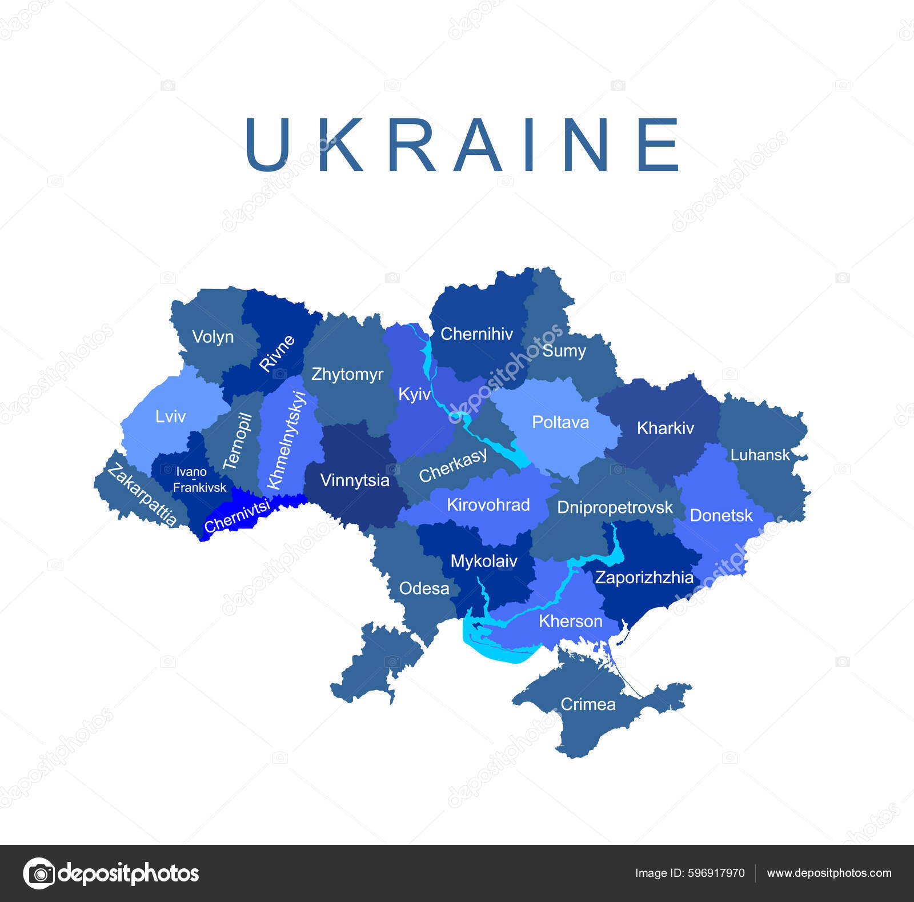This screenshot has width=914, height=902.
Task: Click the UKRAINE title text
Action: point(462,145)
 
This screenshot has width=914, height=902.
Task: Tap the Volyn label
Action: point(213,337)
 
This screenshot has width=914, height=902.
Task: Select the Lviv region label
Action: point(170,416)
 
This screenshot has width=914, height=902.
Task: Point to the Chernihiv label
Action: point(476,334)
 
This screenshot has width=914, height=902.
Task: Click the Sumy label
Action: point(564,351)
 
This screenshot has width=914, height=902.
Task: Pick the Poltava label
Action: point(560,422)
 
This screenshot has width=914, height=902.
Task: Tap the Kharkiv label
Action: point(665,428)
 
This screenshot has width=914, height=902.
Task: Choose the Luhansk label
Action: point(760,455)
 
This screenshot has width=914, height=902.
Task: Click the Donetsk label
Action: point(721,516)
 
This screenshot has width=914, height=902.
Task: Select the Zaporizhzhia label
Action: point(644,578)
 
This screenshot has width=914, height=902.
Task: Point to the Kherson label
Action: point(570,621)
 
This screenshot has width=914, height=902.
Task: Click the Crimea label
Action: point(588,704)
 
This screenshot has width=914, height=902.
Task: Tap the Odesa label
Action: point(424,588)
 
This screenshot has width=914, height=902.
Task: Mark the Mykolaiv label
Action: point(483,561)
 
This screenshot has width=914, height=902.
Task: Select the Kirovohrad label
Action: point(488,505)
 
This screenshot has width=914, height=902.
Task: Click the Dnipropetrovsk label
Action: point(615,507)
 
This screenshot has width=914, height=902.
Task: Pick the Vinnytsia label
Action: point(354,480)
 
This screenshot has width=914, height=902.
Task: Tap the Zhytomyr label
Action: point(347,374)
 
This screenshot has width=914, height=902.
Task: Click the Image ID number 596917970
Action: point(716,873)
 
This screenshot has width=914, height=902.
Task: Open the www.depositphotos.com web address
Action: point(829,873)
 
